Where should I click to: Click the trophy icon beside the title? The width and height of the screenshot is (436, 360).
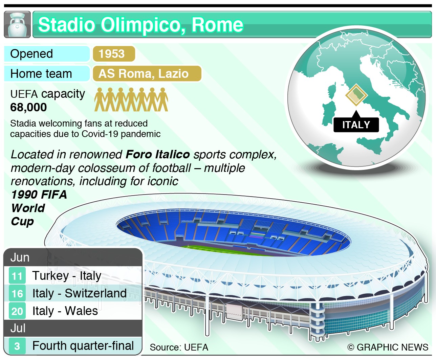[17, 24]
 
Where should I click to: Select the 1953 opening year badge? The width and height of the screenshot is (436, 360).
[113, 54]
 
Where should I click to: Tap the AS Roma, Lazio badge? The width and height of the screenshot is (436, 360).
[147, 73]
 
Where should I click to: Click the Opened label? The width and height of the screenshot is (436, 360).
[32, 54]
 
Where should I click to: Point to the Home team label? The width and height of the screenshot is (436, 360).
[41, 73]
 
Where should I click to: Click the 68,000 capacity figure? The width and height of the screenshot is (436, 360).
[28, 107]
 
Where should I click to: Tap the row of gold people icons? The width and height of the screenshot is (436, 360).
[131, 99]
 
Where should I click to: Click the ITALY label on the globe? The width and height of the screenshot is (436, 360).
[356, 125]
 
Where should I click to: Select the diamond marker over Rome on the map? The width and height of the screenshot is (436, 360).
[356, 94]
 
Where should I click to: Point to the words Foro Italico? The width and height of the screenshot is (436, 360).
[158, 154]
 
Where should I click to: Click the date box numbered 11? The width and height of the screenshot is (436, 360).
[17, 276]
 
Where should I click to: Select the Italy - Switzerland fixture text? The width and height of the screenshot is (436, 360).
[79, 293]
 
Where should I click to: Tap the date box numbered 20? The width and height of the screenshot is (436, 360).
[17, 311]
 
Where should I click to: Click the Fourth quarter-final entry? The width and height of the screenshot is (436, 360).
[83, 346]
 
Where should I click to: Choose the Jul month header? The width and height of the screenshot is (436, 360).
[18, 328]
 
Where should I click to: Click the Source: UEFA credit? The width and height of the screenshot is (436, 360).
[179, 347]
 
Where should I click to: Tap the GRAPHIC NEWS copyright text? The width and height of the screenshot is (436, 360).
[388, 347]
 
